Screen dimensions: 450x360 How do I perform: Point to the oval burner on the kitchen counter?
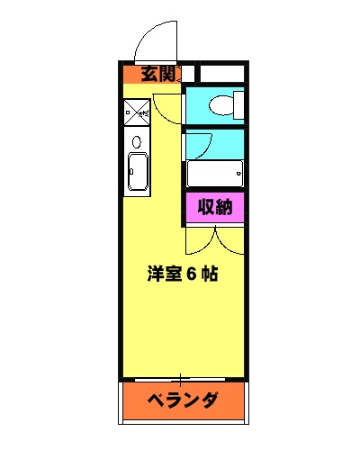[137, 142]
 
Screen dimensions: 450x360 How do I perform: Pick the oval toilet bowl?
[218, 107]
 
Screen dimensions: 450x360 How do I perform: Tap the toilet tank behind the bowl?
[238, 105]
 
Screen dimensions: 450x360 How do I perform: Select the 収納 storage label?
[215, 208]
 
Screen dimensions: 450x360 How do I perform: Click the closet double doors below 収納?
[215, 238]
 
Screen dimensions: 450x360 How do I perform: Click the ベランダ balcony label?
[183, 399]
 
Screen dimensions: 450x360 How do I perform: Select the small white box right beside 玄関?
[190, 75]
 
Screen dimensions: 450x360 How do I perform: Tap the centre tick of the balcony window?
[183, 378]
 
